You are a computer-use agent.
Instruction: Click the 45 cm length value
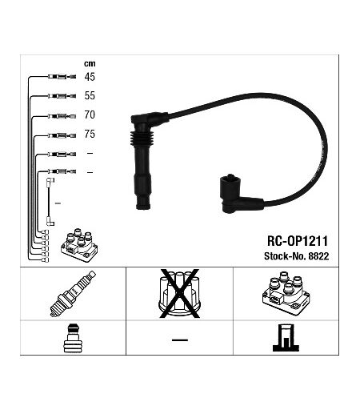pos(90,77)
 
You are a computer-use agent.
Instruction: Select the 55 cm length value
pos(90,96)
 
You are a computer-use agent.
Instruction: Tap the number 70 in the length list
pos(90,115)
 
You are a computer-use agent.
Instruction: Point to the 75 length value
pos(90,134)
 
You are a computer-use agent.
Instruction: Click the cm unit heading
pos(90,64)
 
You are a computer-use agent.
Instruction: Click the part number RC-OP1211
pos(298,241)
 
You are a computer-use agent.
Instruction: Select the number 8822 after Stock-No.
pos(318,256)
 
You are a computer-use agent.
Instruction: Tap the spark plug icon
pos(73,294)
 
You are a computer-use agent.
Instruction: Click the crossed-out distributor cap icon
pos(179,293)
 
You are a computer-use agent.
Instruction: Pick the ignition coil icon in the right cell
pos(286,294)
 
